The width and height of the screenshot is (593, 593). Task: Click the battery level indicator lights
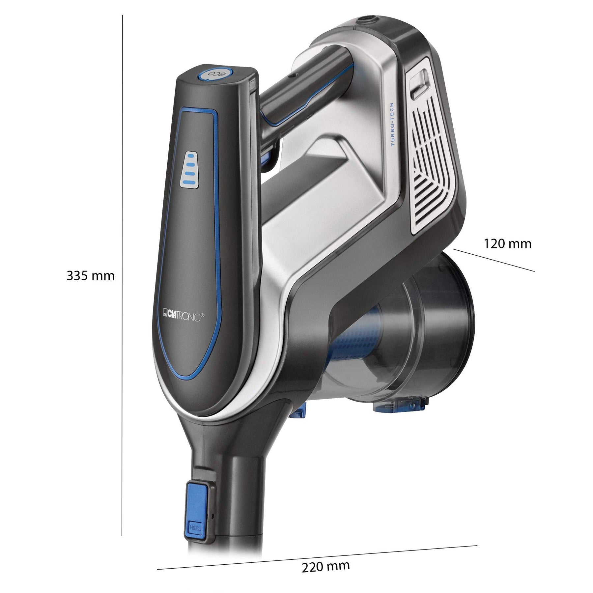(190, 170)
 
